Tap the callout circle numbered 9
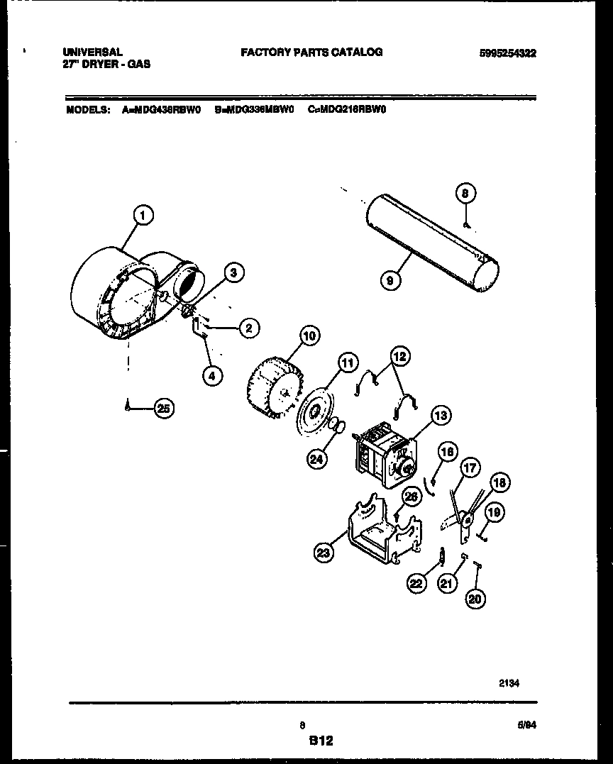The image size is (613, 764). [390, 280]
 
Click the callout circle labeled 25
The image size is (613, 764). [165, 408]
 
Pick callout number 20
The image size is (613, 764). [475, 599]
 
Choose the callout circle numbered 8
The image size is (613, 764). [465, 193]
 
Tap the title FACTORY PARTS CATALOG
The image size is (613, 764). [311, 52]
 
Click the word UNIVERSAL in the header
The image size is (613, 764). [93, 52]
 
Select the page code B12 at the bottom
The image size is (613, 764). [320, 741]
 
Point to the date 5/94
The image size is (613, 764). [526, 725]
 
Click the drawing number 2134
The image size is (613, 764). [508, 683]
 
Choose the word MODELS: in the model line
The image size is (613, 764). [89, 110]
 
